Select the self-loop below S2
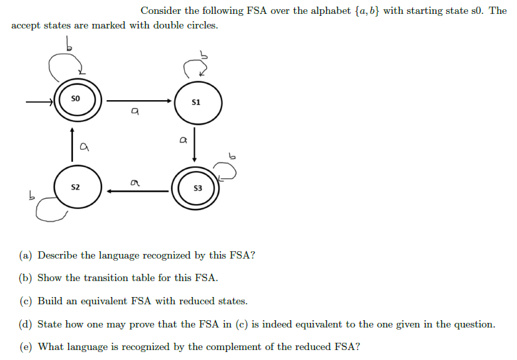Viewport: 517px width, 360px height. pos(50,211)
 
